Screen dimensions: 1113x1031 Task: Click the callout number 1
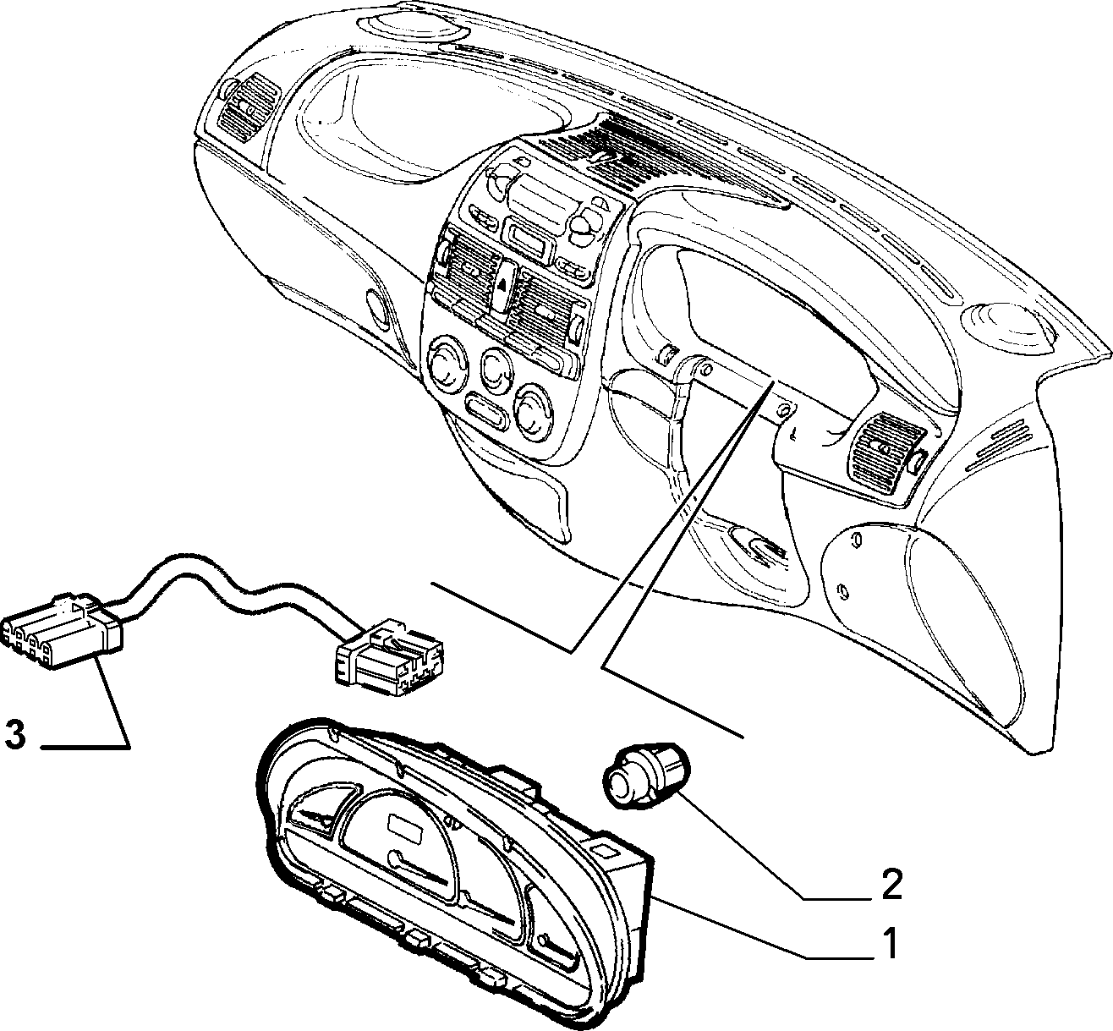(888, 944)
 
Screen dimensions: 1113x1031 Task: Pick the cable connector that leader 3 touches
(62, 633)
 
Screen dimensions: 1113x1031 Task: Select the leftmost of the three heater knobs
(447, 363)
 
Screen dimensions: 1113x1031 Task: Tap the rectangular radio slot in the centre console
(529, 239)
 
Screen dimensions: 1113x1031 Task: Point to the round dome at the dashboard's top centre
(412, 24)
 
